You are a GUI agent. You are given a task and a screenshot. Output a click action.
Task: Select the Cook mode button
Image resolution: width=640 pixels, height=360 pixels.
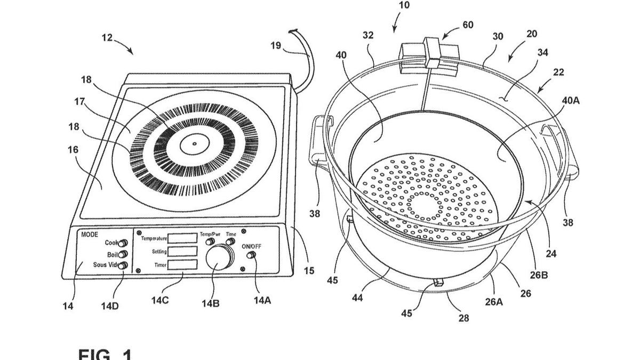pyautogui.click(x=122, y=243)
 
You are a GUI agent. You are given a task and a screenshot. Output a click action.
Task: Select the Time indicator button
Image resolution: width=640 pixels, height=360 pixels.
pyautogui.click(x=230, y=242)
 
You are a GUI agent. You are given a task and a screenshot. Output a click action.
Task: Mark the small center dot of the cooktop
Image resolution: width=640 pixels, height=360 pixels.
pyautogui.click(x=194, y=143)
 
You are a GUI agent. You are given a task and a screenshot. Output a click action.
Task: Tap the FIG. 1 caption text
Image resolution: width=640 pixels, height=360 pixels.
pyautogui.click(x=105, y=354)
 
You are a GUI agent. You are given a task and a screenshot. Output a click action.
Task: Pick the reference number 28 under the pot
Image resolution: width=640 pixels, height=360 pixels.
pyautogui.click(x=464, y=318)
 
